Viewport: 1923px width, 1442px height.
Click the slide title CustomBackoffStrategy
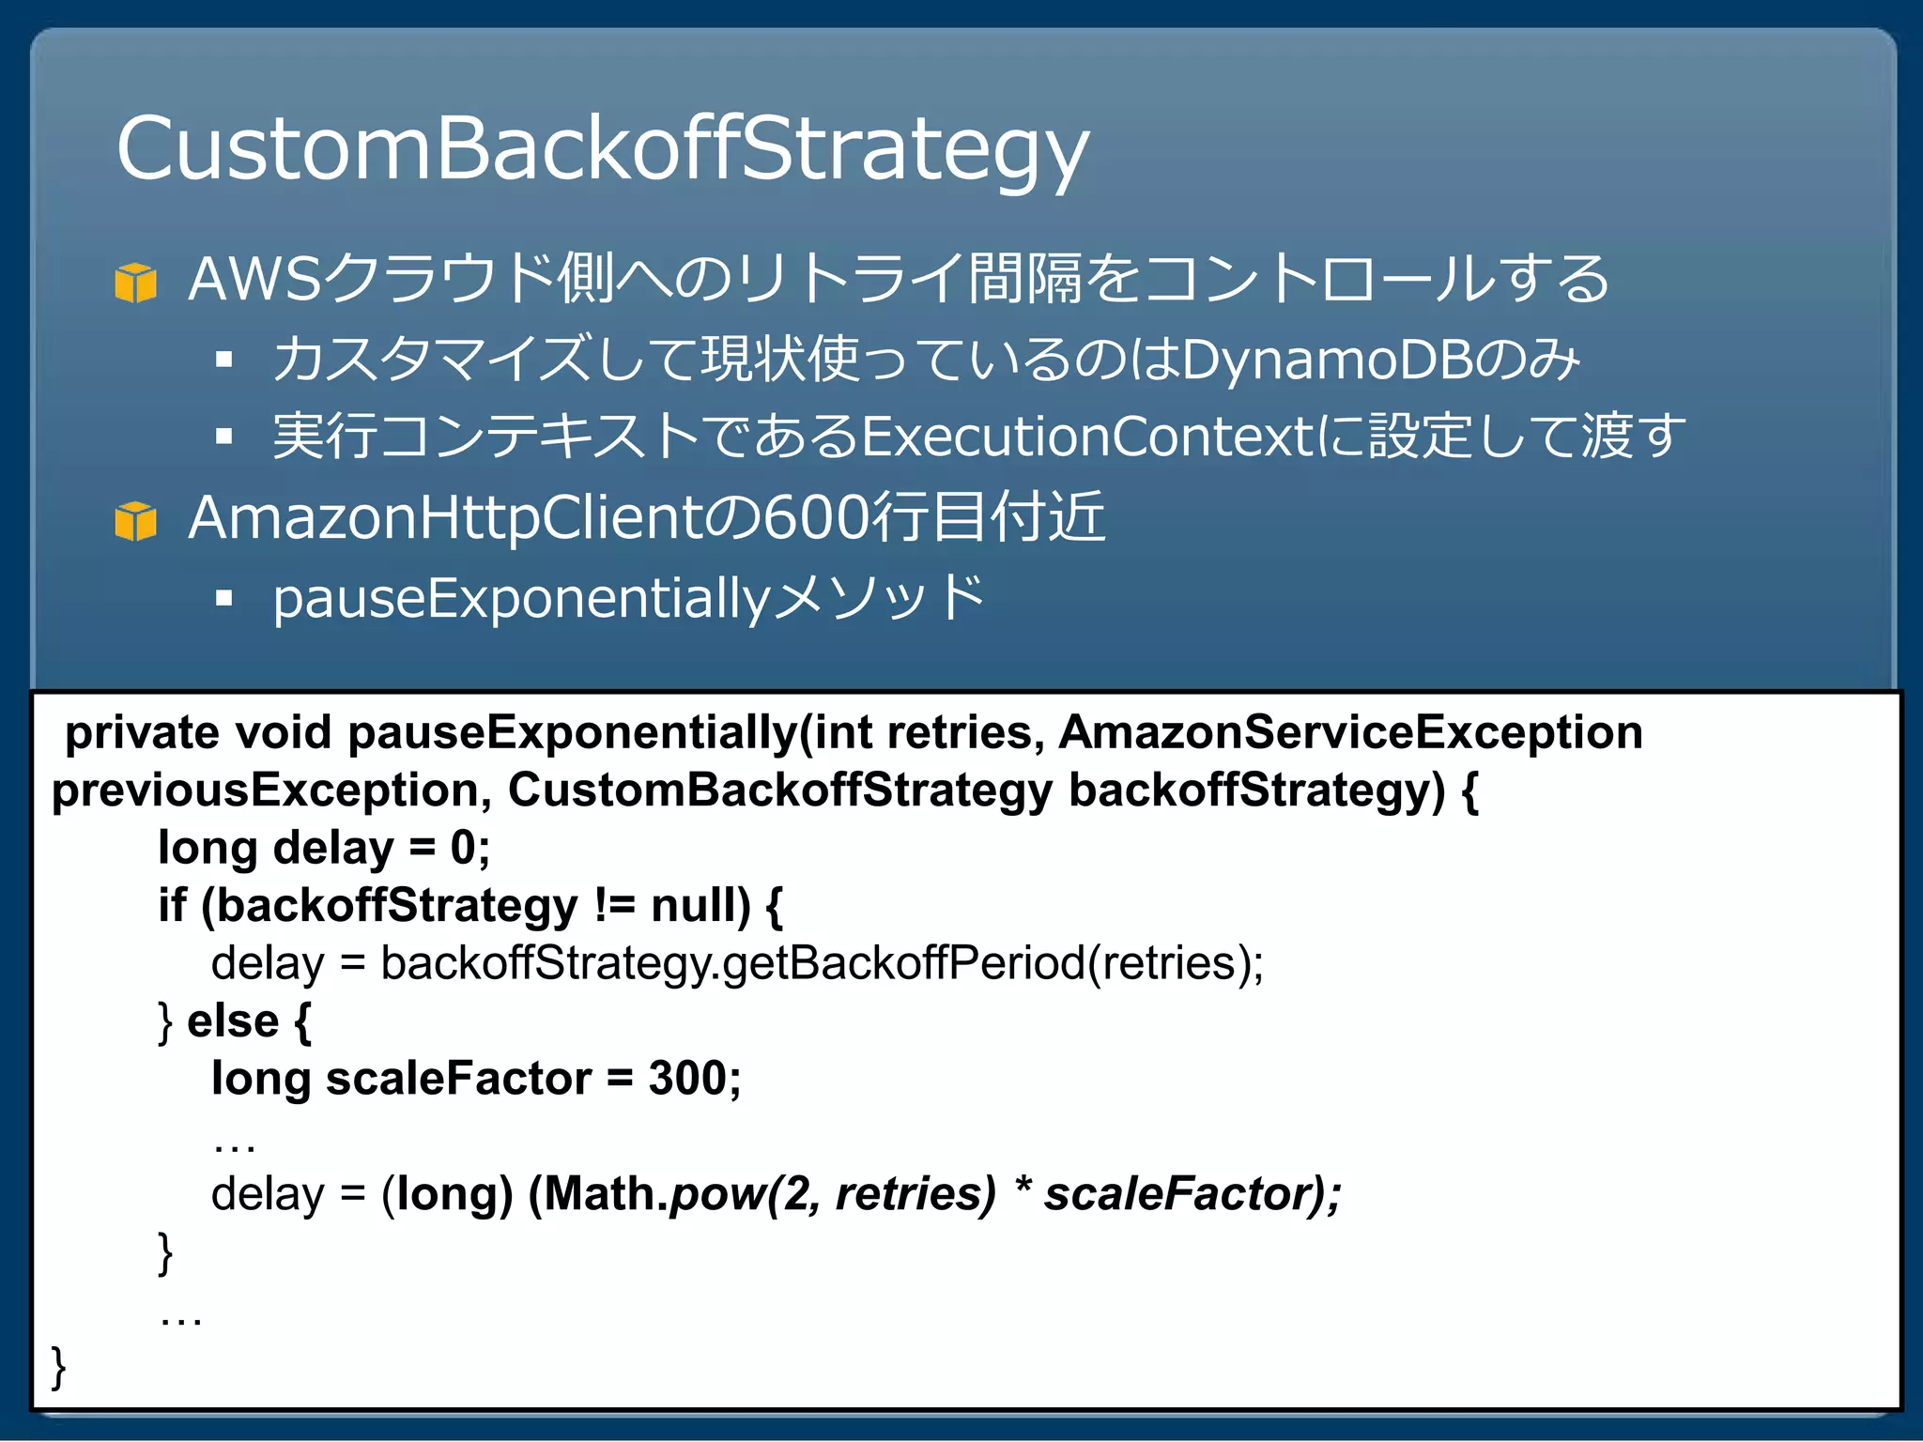[x=602, y=148]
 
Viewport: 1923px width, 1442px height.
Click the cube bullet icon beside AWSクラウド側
[x=135, y=282]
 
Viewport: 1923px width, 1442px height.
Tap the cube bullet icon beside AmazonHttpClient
[x=135, y=521]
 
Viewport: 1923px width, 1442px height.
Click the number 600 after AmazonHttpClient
[x=815, y=518]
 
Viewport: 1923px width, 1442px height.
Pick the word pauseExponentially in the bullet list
[x=521, y=599]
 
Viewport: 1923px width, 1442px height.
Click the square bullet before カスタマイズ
[x=223, y=359]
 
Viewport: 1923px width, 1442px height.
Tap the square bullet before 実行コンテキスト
[x=223, y=436]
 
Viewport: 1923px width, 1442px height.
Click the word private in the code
[x=142, y=732]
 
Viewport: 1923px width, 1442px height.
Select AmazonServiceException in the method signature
[x=1350, y=732]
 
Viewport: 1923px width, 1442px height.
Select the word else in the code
[x=233, y=1021]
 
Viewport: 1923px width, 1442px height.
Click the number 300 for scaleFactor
[x=687, y=1079]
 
